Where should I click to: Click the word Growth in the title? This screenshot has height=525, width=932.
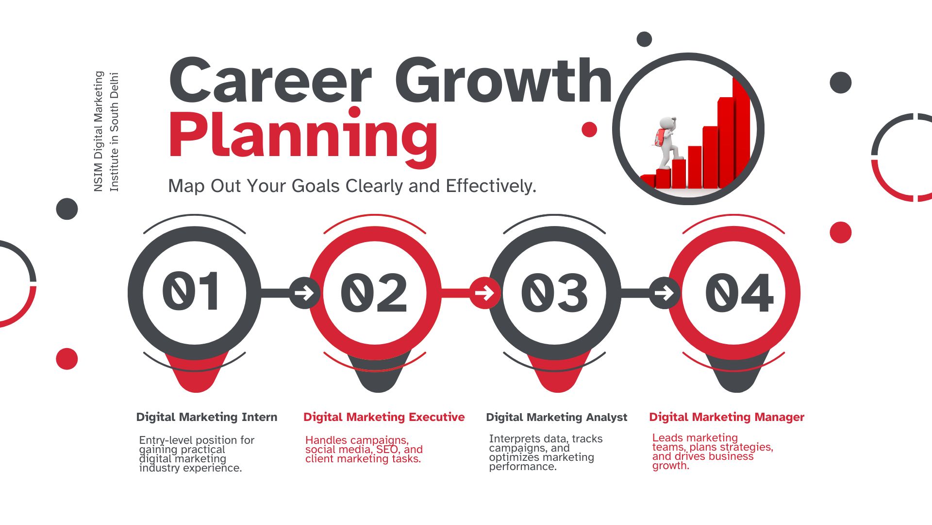point(504,80)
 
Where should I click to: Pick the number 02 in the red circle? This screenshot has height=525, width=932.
point(374,293)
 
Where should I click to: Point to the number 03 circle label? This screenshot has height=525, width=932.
point(554,293)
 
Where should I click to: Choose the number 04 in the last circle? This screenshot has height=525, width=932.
point(739,293)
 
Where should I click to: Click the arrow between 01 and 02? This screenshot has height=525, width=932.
point(304,293)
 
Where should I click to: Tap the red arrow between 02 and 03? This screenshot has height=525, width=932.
point(484,293)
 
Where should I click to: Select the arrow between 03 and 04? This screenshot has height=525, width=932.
point(664,293)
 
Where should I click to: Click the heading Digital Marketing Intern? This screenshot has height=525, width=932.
point(207,417)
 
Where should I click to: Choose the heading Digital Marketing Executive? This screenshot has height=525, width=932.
point(384,417)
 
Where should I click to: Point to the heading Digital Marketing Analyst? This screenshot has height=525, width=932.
point(557,417)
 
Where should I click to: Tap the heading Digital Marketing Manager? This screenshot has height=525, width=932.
point(727,417)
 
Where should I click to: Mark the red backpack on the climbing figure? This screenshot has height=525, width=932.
point(660,138)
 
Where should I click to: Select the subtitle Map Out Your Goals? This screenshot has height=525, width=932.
point(352,186)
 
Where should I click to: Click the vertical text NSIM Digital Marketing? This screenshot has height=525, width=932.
point(99,131)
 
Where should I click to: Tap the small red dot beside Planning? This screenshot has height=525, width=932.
point(589,129)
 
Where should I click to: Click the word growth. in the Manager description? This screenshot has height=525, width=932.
point(670,466)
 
